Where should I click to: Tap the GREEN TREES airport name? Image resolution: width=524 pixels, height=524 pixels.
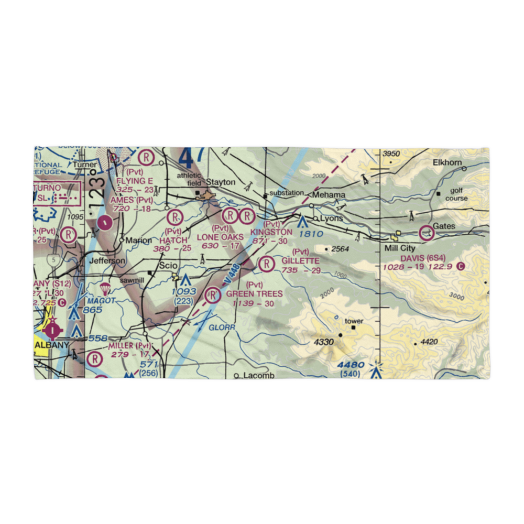coord(254,294)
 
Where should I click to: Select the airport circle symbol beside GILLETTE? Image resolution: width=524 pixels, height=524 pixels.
coord(267,264)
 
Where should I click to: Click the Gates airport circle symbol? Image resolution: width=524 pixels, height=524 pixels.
coord(427,231)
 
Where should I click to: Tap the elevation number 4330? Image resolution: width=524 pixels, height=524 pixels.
coord(324,342)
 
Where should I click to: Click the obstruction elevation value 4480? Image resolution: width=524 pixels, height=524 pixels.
coord(351,365)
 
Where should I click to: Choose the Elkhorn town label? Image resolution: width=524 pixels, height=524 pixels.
coord(447,162)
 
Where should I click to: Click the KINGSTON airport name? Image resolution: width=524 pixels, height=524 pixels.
coord(271,232)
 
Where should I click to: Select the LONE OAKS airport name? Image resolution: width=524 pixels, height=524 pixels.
coord(220,237)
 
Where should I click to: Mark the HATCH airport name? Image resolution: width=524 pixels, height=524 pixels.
coord(173,239)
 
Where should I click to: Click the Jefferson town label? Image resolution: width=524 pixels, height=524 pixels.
coord(107,260)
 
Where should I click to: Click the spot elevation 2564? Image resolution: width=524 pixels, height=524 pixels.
coord(340,249)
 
